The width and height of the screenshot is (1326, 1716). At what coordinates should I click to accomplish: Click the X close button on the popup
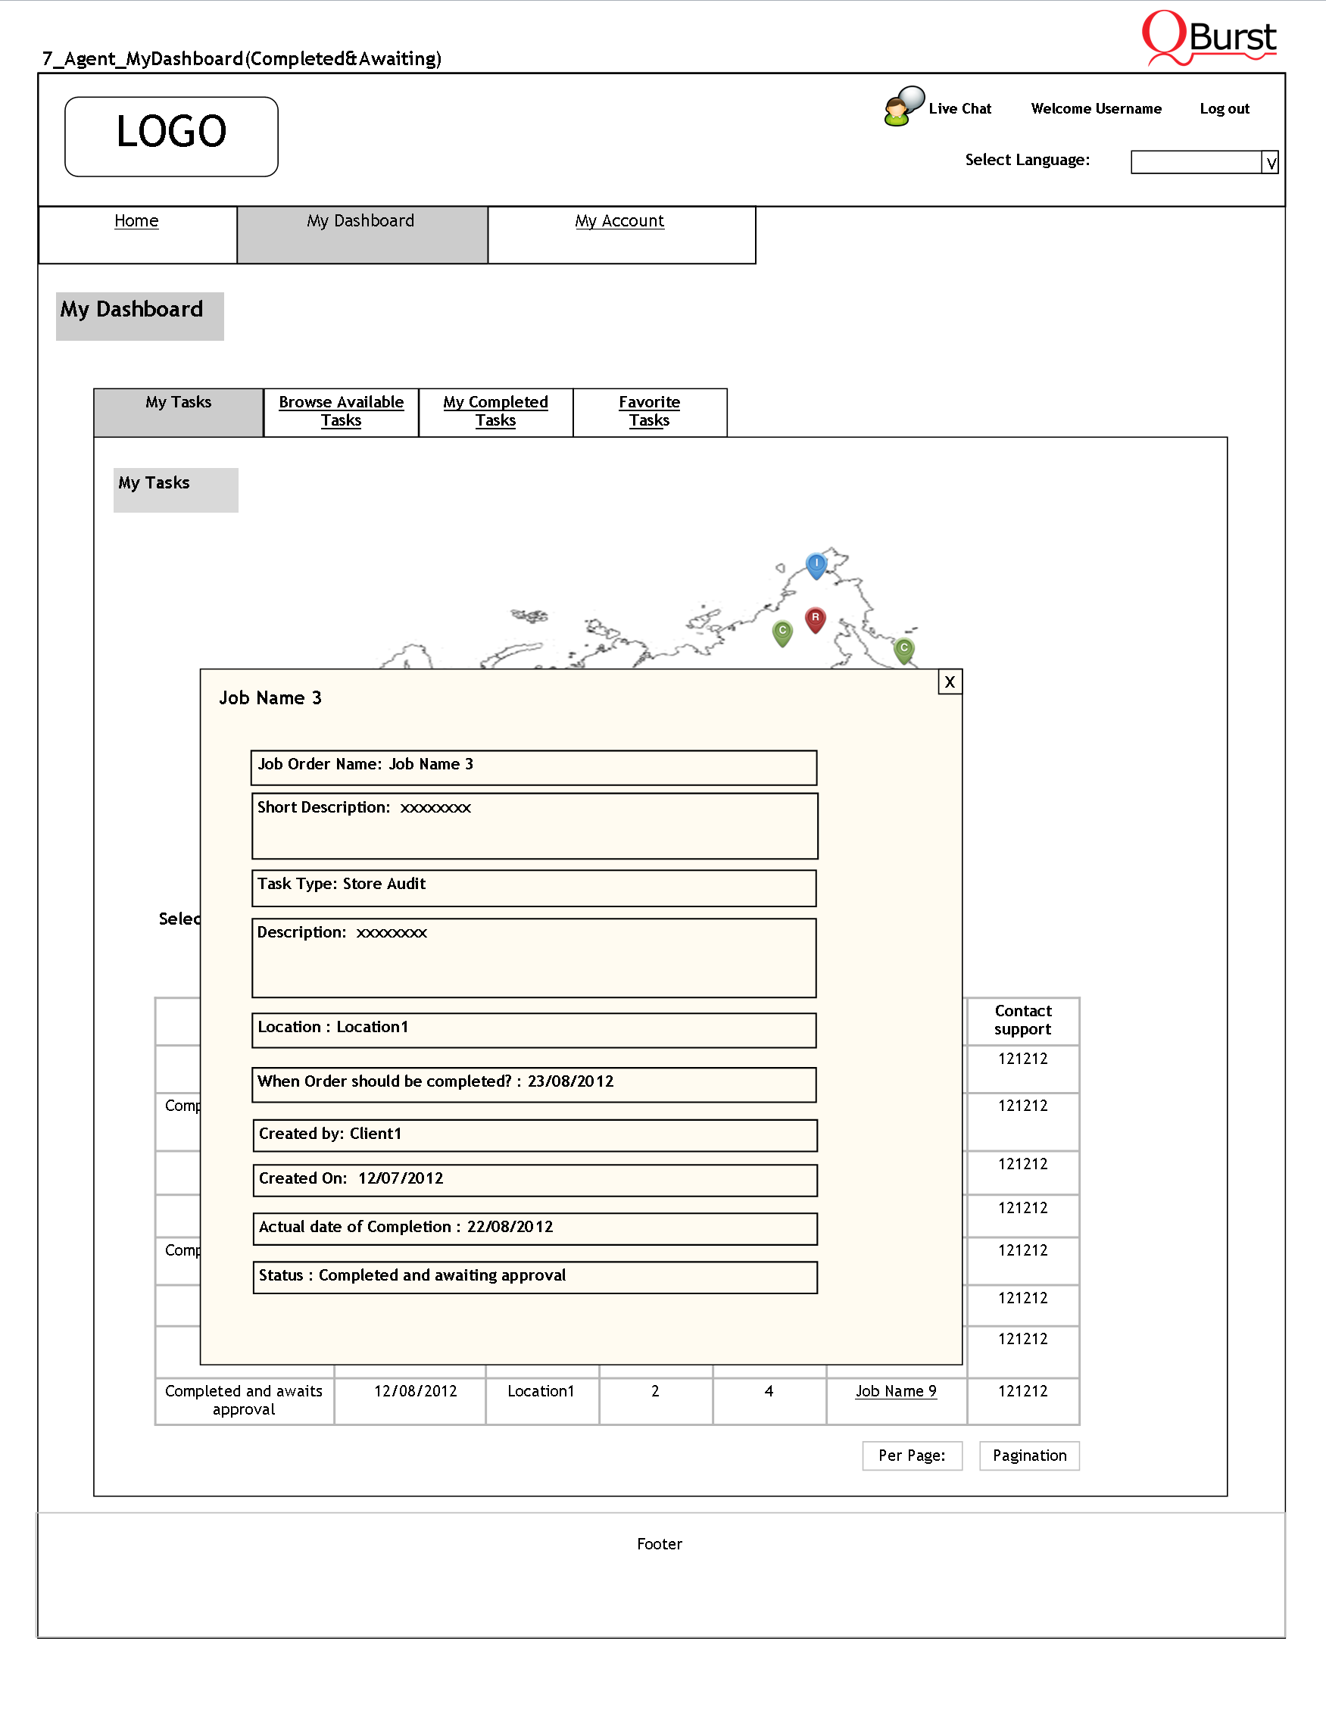coord(950,682)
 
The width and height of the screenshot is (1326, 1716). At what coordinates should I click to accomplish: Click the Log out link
coord(1224,109)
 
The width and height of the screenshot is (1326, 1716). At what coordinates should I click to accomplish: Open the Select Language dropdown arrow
coord(1270,163)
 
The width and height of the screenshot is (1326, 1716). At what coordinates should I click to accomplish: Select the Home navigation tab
coord(136,222)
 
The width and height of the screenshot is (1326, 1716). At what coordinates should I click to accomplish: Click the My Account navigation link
coord(619,222)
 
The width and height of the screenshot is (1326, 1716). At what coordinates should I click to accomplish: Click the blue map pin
coord(816,564)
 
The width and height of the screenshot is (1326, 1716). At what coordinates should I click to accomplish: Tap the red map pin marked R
coord(816,619)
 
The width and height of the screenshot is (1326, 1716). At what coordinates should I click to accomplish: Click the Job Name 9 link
coord(896,1391)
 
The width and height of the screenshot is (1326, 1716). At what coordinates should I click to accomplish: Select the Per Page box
coord(911,1456)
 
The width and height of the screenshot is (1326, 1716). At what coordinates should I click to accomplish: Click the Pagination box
coord(1029,1456)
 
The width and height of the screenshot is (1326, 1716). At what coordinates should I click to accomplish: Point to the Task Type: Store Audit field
coord(533,888)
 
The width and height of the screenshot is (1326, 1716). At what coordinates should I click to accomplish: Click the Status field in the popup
coord(534,1277)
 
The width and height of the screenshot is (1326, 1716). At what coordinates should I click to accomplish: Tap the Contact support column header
coord(1023,1021)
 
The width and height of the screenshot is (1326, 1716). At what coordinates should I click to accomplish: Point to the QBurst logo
coord(1209,38)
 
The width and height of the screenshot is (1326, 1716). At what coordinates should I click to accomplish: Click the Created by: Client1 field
coord(534,1135)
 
